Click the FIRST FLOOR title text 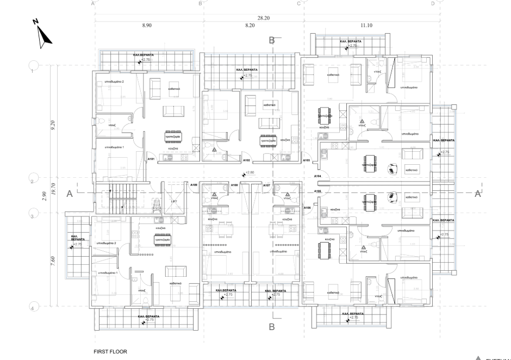point(111,352)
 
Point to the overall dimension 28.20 point(263,18)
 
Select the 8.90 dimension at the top point(147,26)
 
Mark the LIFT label point(174,201)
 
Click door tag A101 point(152,159)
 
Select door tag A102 point(246,160)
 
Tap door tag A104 point(317,176)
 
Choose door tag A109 point(234,185)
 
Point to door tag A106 point(307,208)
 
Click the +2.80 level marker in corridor point(250,173)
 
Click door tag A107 point(266,185)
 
